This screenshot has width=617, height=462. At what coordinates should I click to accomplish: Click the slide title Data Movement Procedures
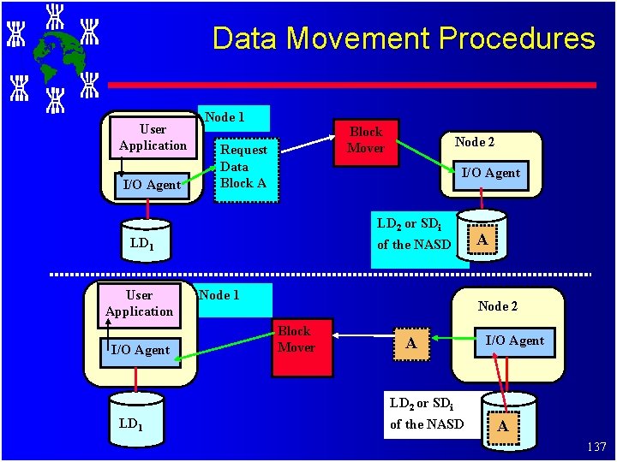coord(403,38)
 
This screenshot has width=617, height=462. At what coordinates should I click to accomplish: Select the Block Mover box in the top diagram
coord(366,140)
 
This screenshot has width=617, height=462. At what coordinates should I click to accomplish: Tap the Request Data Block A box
coord(244,167)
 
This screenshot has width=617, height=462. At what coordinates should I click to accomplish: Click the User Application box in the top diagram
coord(153,137)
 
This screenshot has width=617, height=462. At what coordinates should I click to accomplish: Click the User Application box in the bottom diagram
coord(139,304)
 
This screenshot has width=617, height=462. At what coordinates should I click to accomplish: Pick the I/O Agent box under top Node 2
coord(490,173)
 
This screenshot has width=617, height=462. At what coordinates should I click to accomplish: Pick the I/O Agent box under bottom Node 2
coord(514,341)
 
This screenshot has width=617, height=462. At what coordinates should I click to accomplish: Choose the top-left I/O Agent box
coord(152,184)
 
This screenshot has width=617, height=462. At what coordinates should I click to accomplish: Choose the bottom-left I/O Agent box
coord(141,349)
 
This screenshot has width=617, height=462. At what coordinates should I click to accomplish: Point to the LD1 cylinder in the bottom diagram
coord(130,423)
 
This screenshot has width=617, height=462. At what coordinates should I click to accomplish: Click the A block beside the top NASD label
coord(482,240)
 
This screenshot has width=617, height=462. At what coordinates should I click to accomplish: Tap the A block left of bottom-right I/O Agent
coord(411,344)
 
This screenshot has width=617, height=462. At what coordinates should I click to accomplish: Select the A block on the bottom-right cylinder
coord(503,425)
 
